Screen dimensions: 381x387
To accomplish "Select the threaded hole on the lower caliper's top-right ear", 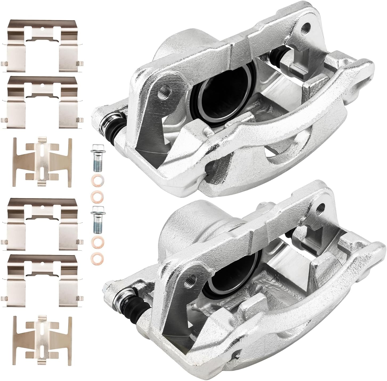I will click(321, 206).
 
